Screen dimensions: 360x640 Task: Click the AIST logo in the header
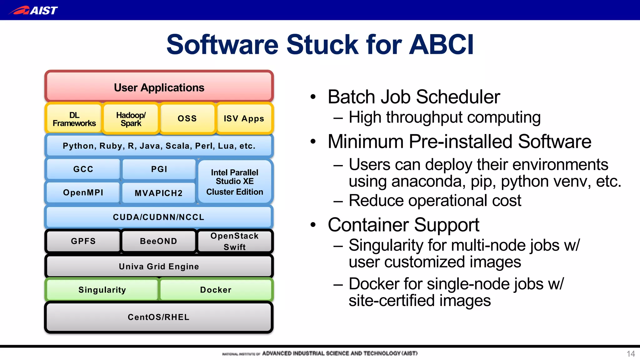[x=33, y=10]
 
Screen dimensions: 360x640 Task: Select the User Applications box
[x=159, y=87]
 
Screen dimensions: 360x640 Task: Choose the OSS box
[x=187, y=118]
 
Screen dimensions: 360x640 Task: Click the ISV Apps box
[x=244, y=118]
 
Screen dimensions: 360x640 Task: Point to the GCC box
[x=83, y=169]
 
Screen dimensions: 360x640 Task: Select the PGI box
[x=159, y=169]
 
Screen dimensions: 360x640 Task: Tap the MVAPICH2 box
[x=158, y=193]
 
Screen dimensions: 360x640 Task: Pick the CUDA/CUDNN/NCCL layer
[x=158, y=217]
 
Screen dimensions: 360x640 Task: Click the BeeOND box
[x=158, y=241]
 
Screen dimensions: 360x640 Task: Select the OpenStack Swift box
[x=235, y=241]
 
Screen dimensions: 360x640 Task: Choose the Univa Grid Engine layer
[x=159, y=266]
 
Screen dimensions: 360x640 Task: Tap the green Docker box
[x=216, y=290]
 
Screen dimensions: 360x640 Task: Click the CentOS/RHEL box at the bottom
[x=158, y=317]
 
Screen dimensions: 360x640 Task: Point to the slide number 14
[x=630, y=354]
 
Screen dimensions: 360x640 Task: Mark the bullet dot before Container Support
[x=313, y=225]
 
